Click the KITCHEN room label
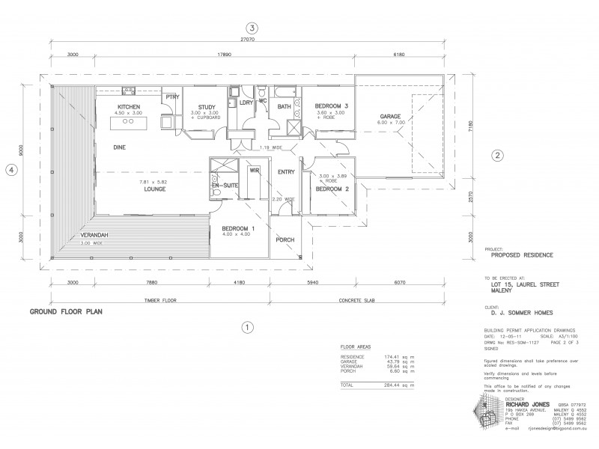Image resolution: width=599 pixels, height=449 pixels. click(x=129, y=108)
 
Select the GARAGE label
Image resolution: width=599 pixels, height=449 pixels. click(x=390, y=117)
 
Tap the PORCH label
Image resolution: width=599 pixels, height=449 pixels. click(x=285, y=240)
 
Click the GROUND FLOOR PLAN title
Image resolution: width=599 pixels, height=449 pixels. click(x=65, y=310)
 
